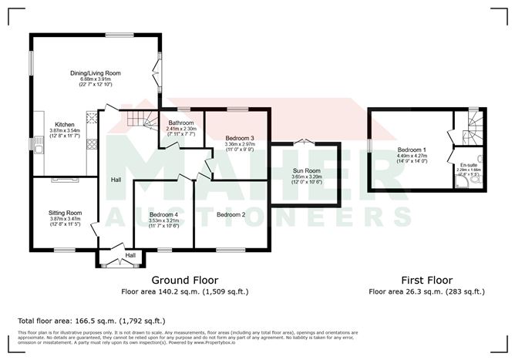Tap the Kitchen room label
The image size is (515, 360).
point(64,124)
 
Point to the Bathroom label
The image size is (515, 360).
point(182,123)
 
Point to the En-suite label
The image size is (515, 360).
point(469,165)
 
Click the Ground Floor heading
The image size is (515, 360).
point(184,280)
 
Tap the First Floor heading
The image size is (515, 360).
point(426,280)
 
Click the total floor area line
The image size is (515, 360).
point(92,320)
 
